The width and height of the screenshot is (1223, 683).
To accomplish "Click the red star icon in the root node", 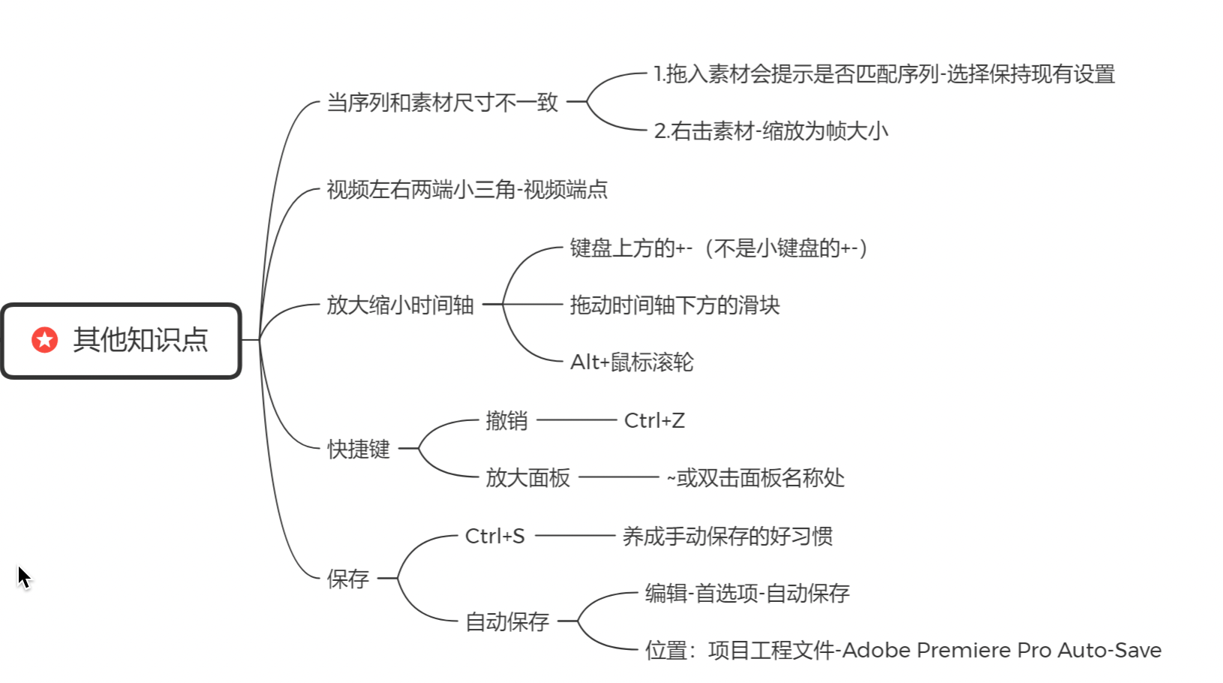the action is coord(45,340).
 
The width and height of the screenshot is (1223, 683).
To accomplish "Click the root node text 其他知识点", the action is coord(141,340).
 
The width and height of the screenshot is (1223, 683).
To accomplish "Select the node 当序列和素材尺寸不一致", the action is coord(442,102).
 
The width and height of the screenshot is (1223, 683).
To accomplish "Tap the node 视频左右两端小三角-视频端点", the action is coord(467,189).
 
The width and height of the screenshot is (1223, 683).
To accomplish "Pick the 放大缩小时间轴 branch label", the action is coord(400,305).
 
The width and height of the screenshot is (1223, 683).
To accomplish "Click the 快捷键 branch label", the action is coord(358,449).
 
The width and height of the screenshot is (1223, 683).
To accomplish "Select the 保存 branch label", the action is coord(348,579).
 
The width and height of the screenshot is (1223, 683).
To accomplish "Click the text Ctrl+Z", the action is coord(654,420).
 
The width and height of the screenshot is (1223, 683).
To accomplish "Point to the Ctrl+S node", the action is coord(494,536).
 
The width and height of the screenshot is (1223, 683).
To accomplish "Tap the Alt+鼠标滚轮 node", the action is coord(632,362).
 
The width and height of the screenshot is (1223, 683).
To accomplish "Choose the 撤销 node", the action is coord(506,420).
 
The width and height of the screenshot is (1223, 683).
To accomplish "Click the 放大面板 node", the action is coord(527,477).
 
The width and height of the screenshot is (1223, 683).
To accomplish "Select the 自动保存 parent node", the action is coord(506,622).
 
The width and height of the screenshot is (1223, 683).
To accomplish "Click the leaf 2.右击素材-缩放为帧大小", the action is coord(771,131).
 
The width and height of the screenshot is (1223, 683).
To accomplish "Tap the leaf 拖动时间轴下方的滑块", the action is coord(675,305).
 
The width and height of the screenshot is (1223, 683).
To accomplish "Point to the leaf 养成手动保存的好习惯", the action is coord(727,536).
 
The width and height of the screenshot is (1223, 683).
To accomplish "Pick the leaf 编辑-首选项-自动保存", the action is coord(747,593).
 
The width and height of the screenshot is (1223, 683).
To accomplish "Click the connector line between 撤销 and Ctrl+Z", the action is coord(576,420).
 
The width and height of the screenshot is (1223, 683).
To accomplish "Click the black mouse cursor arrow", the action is coord(24,578).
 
